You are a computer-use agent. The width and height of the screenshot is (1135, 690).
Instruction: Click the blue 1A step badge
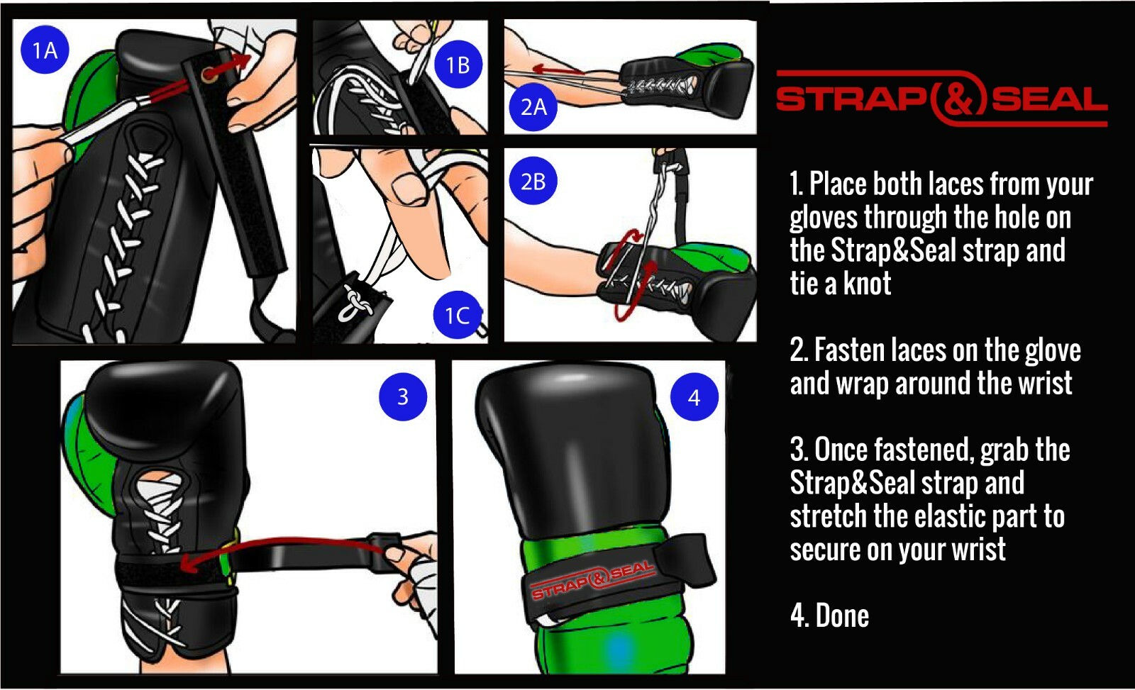(x=45, y=50)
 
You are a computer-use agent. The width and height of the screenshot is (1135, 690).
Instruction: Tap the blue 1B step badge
(x=458, y=65)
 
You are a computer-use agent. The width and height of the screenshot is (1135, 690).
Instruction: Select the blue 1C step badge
(x=457, y=315)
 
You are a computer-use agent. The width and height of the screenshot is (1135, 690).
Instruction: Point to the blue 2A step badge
(x=533, y=107)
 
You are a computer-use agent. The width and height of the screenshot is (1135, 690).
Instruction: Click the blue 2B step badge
(x=533, y=182)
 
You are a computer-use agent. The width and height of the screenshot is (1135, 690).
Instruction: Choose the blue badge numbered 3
(x=402, y=396)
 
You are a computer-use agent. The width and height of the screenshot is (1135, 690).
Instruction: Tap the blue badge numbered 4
(x=694, y=397)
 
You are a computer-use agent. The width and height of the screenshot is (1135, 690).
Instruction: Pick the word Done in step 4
(x=842, y=616)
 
